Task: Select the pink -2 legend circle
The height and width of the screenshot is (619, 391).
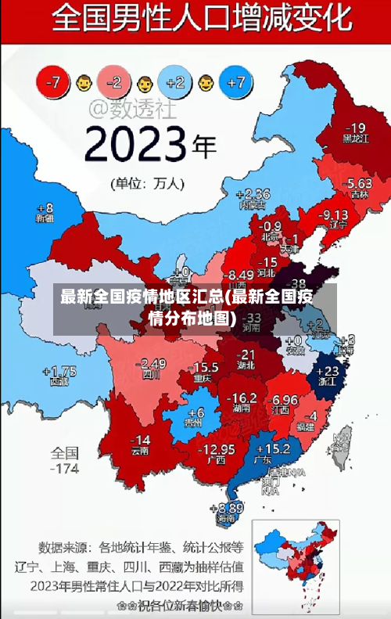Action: tap(114, 81)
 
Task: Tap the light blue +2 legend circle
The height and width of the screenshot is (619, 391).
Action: tap(176, 81)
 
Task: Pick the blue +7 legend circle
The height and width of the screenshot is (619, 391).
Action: tap(236, 81)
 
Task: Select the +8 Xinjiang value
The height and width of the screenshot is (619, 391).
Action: tap(45, 207)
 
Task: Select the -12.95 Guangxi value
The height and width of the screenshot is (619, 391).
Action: tap(216, 448)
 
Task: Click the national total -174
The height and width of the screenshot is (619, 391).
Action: tap(65, 469)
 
